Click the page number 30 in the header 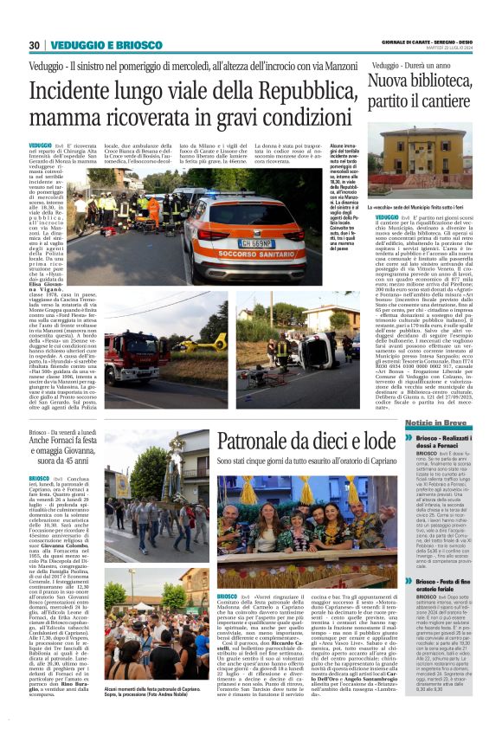(35, 45)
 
